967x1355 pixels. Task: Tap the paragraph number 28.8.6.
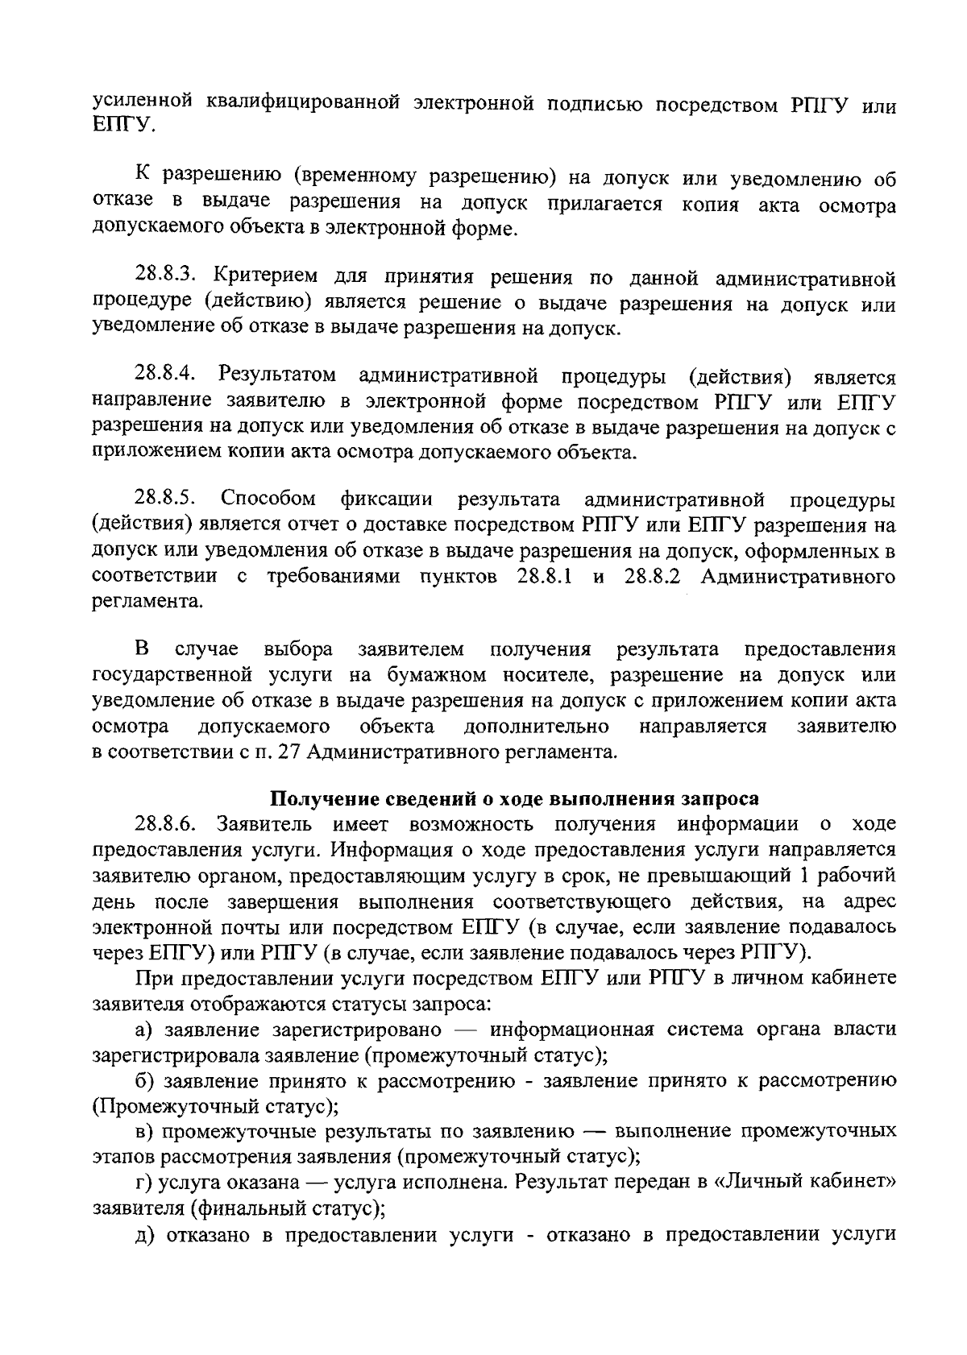coord(167,823)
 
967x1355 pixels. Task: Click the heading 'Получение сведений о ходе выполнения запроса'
coord(514,798)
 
